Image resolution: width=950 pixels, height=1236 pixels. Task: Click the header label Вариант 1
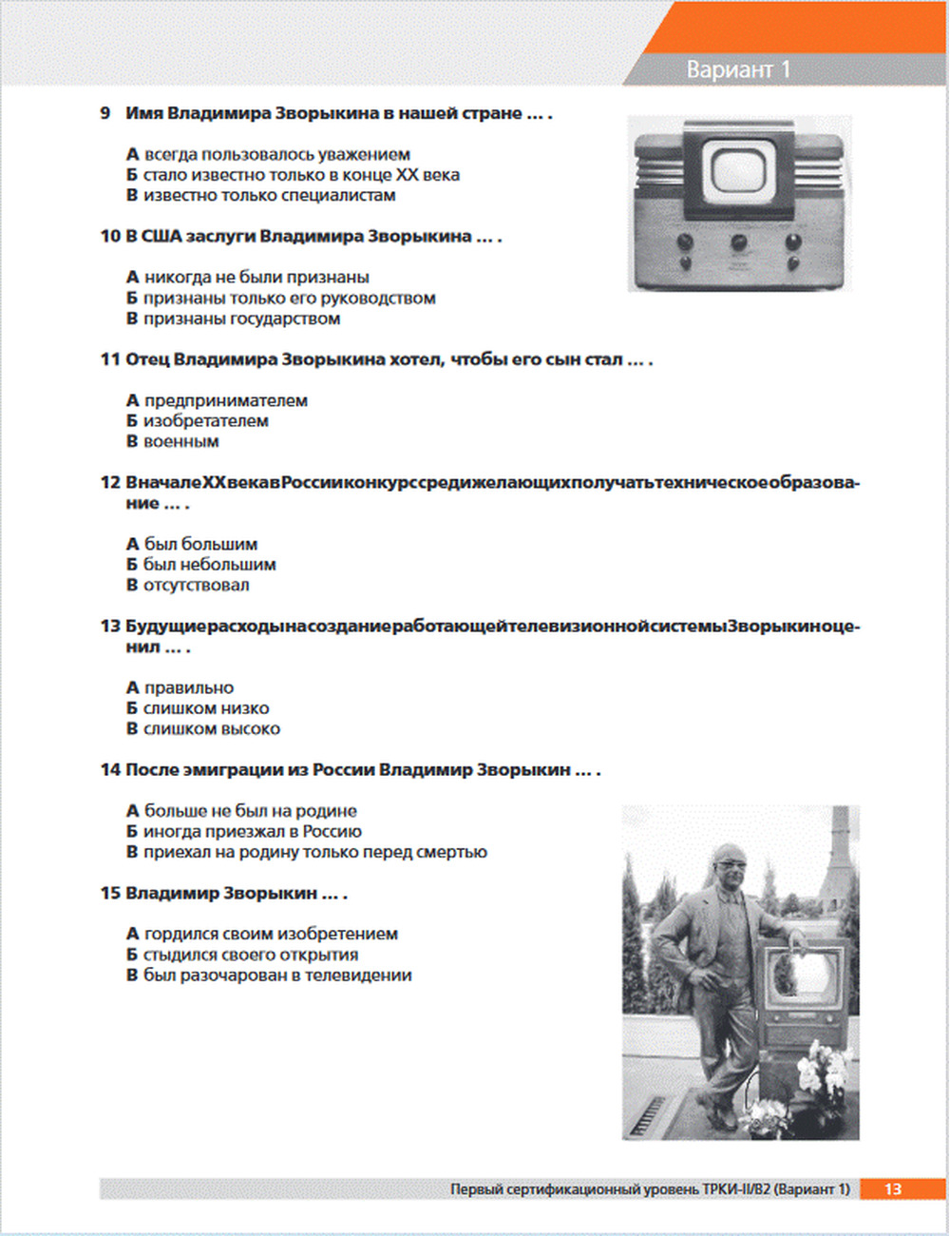point(738,69)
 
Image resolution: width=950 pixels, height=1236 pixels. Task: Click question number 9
point(105,113)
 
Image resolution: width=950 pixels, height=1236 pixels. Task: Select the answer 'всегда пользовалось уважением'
point(276,154)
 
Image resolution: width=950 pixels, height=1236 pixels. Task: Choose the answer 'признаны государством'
point(241,319)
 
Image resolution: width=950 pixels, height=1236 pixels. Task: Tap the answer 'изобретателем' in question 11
point(205,421)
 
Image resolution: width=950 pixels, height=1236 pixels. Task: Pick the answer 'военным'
point(180,442)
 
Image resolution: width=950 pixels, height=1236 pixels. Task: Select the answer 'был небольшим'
point(209,565)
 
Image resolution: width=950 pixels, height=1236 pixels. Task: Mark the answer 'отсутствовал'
point(196,586)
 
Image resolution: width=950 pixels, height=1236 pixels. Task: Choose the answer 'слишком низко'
point(205,708)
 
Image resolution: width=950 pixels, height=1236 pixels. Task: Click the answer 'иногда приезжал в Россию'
point(252,832)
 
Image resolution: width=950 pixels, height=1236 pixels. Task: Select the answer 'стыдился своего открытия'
point(251,955)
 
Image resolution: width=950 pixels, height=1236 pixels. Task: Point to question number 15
point(110,894)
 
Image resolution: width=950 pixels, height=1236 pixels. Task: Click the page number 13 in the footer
point(893,1189)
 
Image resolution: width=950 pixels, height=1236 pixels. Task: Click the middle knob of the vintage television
point(738,241)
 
